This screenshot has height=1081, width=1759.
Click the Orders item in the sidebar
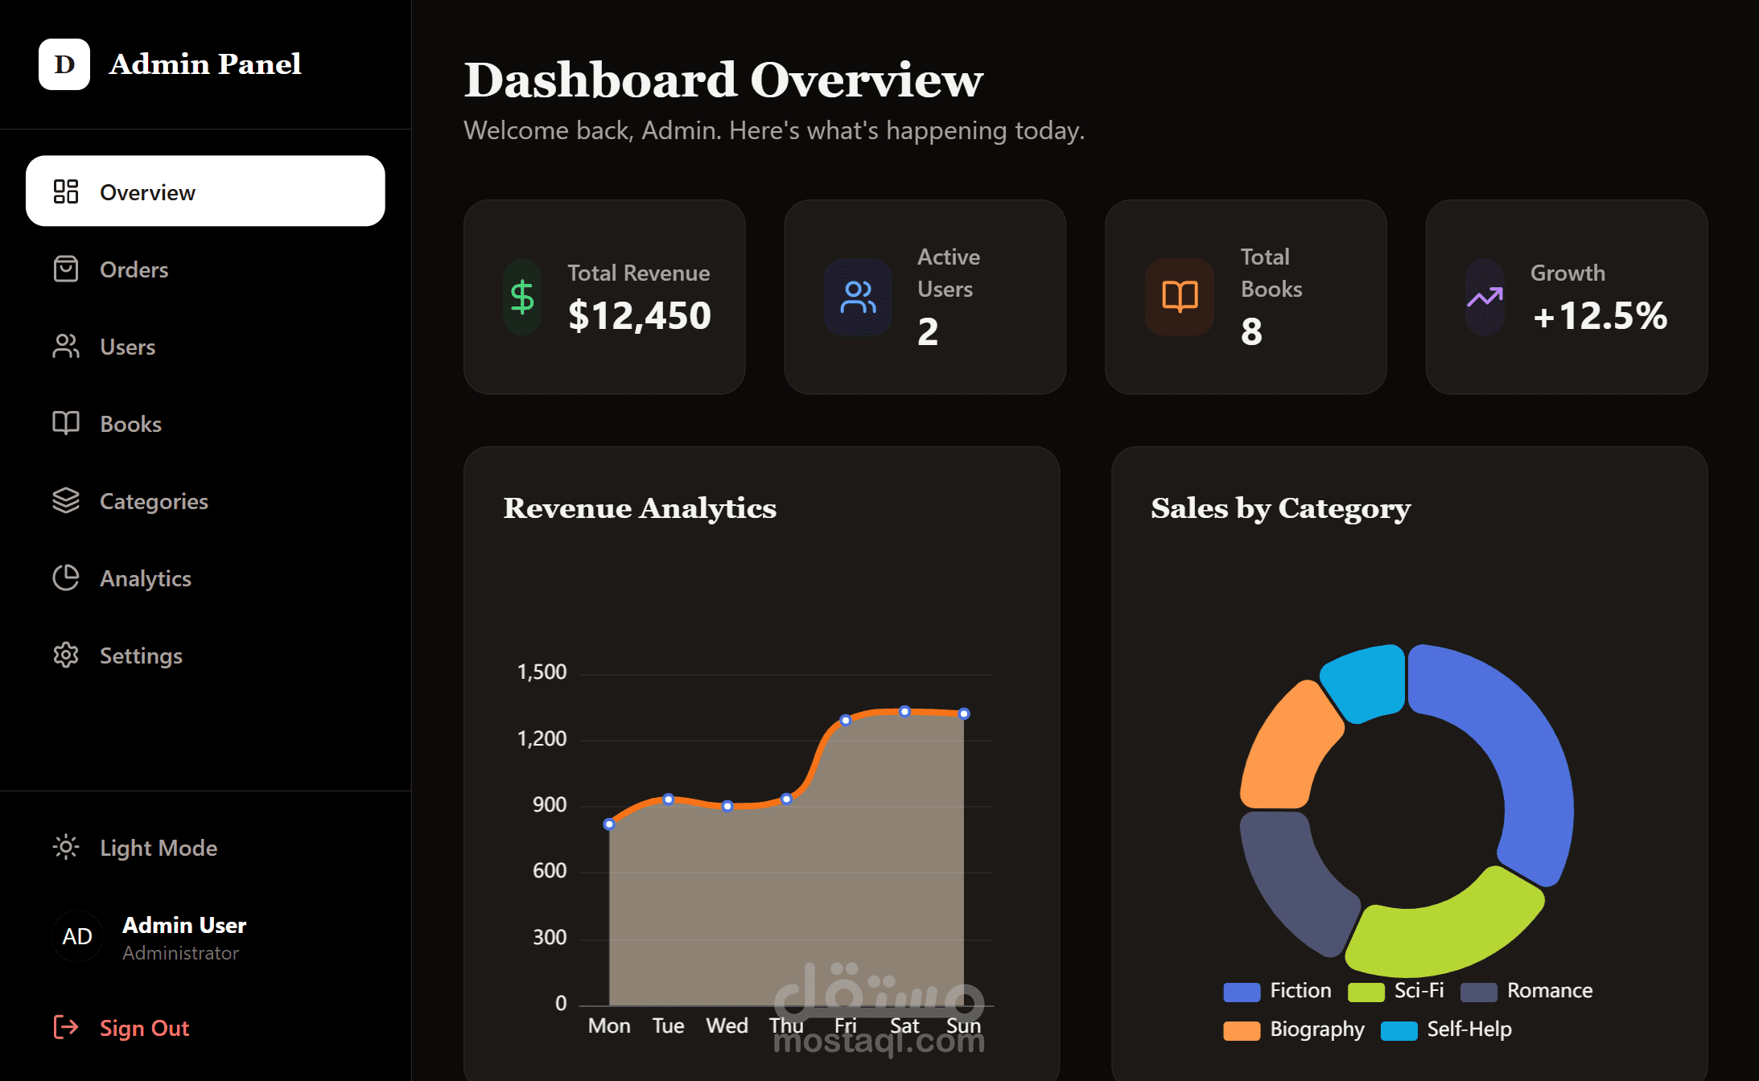[134, 269]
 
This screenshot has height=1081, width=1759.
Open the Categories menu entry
[153, 501]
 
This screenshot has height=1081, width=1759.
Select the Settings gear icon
[66, 656]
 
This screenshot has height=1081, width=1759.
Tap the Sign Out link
[144, 1028]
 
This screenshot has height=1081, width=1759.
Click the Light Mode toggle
[158, 848]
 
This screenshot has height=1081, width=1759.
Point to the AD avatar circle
[77, 936]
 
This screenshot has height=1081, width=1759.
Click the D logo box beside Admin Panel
[64, 64]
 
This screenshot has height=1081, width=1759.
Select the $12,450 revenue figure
[640, 315]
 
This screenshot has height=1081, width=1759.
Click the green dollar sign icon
[522, 297]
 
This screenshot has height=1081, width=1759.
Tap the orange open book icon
[1180, 297]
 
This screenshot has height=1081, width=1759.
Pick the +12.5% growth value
[1600, 315]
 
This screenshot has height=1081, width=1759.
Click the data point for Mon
[609, 824]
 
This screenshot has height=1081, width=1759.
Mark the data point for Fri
[846, 721]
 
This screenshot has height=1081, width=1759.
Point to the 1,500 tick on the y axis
[542, 672]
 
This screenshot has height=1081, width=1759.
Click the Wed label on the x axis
[727, 1026]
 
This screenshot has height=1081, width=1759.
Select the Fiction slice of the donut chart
[1513, 756]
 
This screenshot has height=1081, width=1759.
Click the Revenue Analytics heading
[640, 508]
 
